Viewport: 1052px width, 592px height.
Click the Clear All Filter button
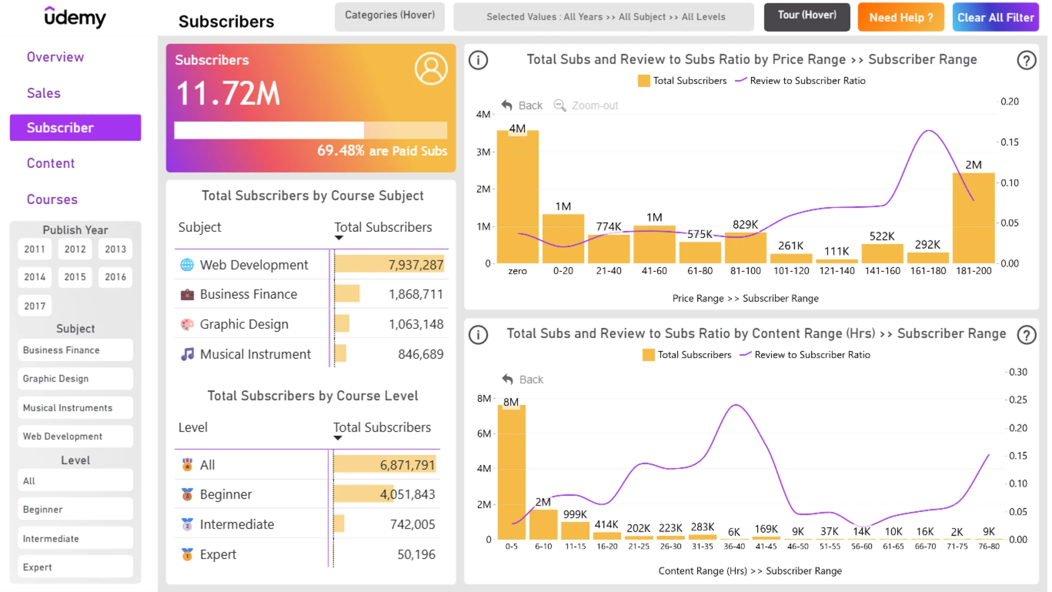click(x=995, y=17)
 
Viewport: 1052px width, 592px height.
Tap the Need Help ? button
click(x=901, y=17)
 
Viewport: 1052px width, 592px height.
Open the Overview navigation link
click(x=55, y=57)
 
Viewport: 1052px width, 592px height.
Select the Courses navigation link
click(x=52, y=200)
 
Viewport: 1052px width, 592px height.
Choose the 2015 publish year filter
click(x=75, y=277)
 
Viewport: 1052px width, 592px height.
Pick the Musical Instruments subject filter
click(x=75, y=408)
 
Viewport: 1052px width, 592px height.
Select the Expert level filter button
click(x=75, y=567)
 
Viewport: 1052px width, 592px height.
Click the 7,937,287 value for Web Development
click(x=416, y=265)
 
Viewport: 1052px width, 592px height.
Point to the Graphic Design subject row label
click(x=244, y=325)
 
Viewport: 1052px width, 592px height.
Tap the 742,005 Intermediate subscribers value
click(x=413, y=525)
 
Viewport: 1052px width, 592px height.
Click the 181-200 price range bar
click(x=974, y=218)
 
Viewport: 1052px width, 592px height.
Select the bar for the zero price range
click(x=517, y=197)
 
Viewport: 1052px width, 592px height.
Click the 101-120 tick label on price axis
click(x=791, y=271)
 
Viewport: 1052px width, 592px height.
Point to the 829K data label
click(x=745, y=224)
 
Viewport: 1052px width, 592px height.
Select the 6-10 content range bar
click(x=543, y=525)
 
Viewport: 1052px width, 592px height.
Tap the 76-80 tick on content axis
click(x=989, y=547)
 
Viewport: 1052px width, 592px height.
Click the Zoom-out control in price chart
click(x=586, y=105)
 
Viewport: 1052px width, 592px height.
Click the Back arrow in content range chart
click(x=508, y=379)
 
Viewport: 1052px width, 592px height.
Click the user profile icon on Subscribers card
click(x=431, y=69)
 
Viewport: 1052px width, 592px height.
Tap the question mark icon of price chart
click(x=1026, y=60)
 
